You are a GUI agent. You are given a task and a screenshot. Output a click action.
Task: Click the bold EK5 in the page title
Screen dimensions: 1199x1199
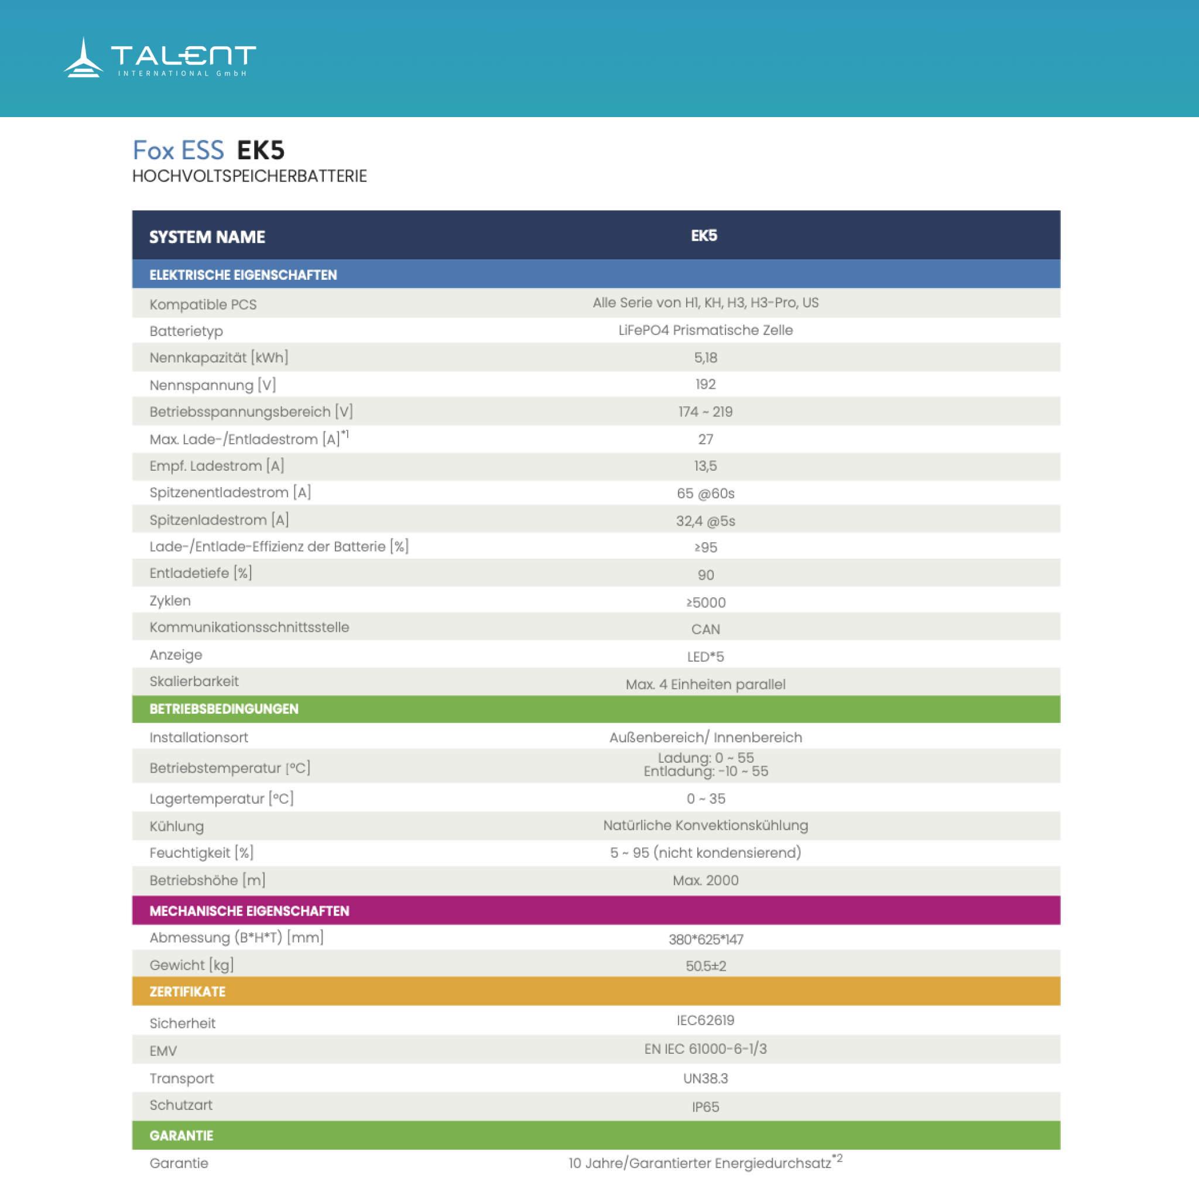(260, 150)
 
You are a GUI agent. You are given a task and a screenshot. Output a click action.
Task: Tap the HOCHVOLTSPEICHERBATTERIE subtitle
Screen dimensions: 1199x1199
(249, 176)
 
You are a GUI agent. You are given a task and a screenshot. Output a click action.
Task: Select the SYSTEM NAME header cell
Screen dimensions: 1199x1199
(207, 237)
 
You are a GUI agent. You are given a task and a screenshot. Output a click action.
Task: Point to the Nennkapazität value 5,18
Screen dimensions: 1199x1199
(705, 358)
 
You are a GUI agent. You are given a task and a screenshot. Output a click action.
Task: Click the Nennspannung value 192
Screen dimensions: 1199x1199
(705, 384)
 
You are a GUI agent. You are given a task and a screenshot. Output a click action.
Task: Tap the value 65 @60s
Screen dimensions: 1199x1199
(705, 494)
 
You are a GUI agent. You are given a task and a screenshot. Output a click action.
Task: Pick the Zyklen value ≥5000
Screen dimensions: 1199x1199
(705, 602)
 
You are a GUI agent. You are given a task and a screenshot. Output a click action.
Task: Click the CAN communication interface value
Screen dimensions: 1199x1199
(705, 629)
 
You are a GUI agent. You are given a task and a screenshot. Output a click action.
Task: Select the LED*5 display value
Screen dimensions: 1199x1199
(705, 657)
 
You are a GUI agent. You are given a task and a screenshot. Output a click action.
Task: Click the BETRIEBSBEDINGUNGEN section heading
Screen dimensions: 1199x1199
(224, 709)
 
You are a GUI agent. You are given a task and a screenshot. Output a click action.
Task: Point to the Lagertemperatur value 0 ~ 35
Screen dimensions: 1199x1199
(705, 799)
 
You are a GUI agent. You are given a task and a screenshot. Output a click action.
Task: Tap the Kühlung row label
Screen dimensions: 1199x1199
(176, 826)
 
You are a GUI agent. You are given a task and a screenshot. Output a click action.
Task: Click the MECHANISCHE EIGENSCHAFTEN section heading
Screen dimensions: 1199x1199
(249, 910)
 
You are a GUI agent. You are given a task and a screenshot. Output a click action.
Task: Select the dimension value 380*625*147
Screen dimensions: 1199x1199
(705, 939)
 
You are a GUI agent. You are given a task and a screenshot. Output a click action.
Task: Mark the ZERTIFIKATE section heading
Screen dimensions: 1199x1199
(187, 991)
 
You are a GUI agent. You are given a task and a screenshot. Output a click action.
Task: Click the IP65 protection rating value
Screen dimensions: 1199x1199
(705, 1106)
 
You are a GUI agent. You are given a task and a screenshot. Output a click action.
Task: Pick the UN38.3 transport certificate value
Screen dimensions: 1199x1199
(705, 1078)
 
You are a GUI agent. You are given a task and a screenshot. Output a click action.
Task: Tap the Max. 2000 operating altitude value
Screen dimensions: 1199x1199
(705, 880)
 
